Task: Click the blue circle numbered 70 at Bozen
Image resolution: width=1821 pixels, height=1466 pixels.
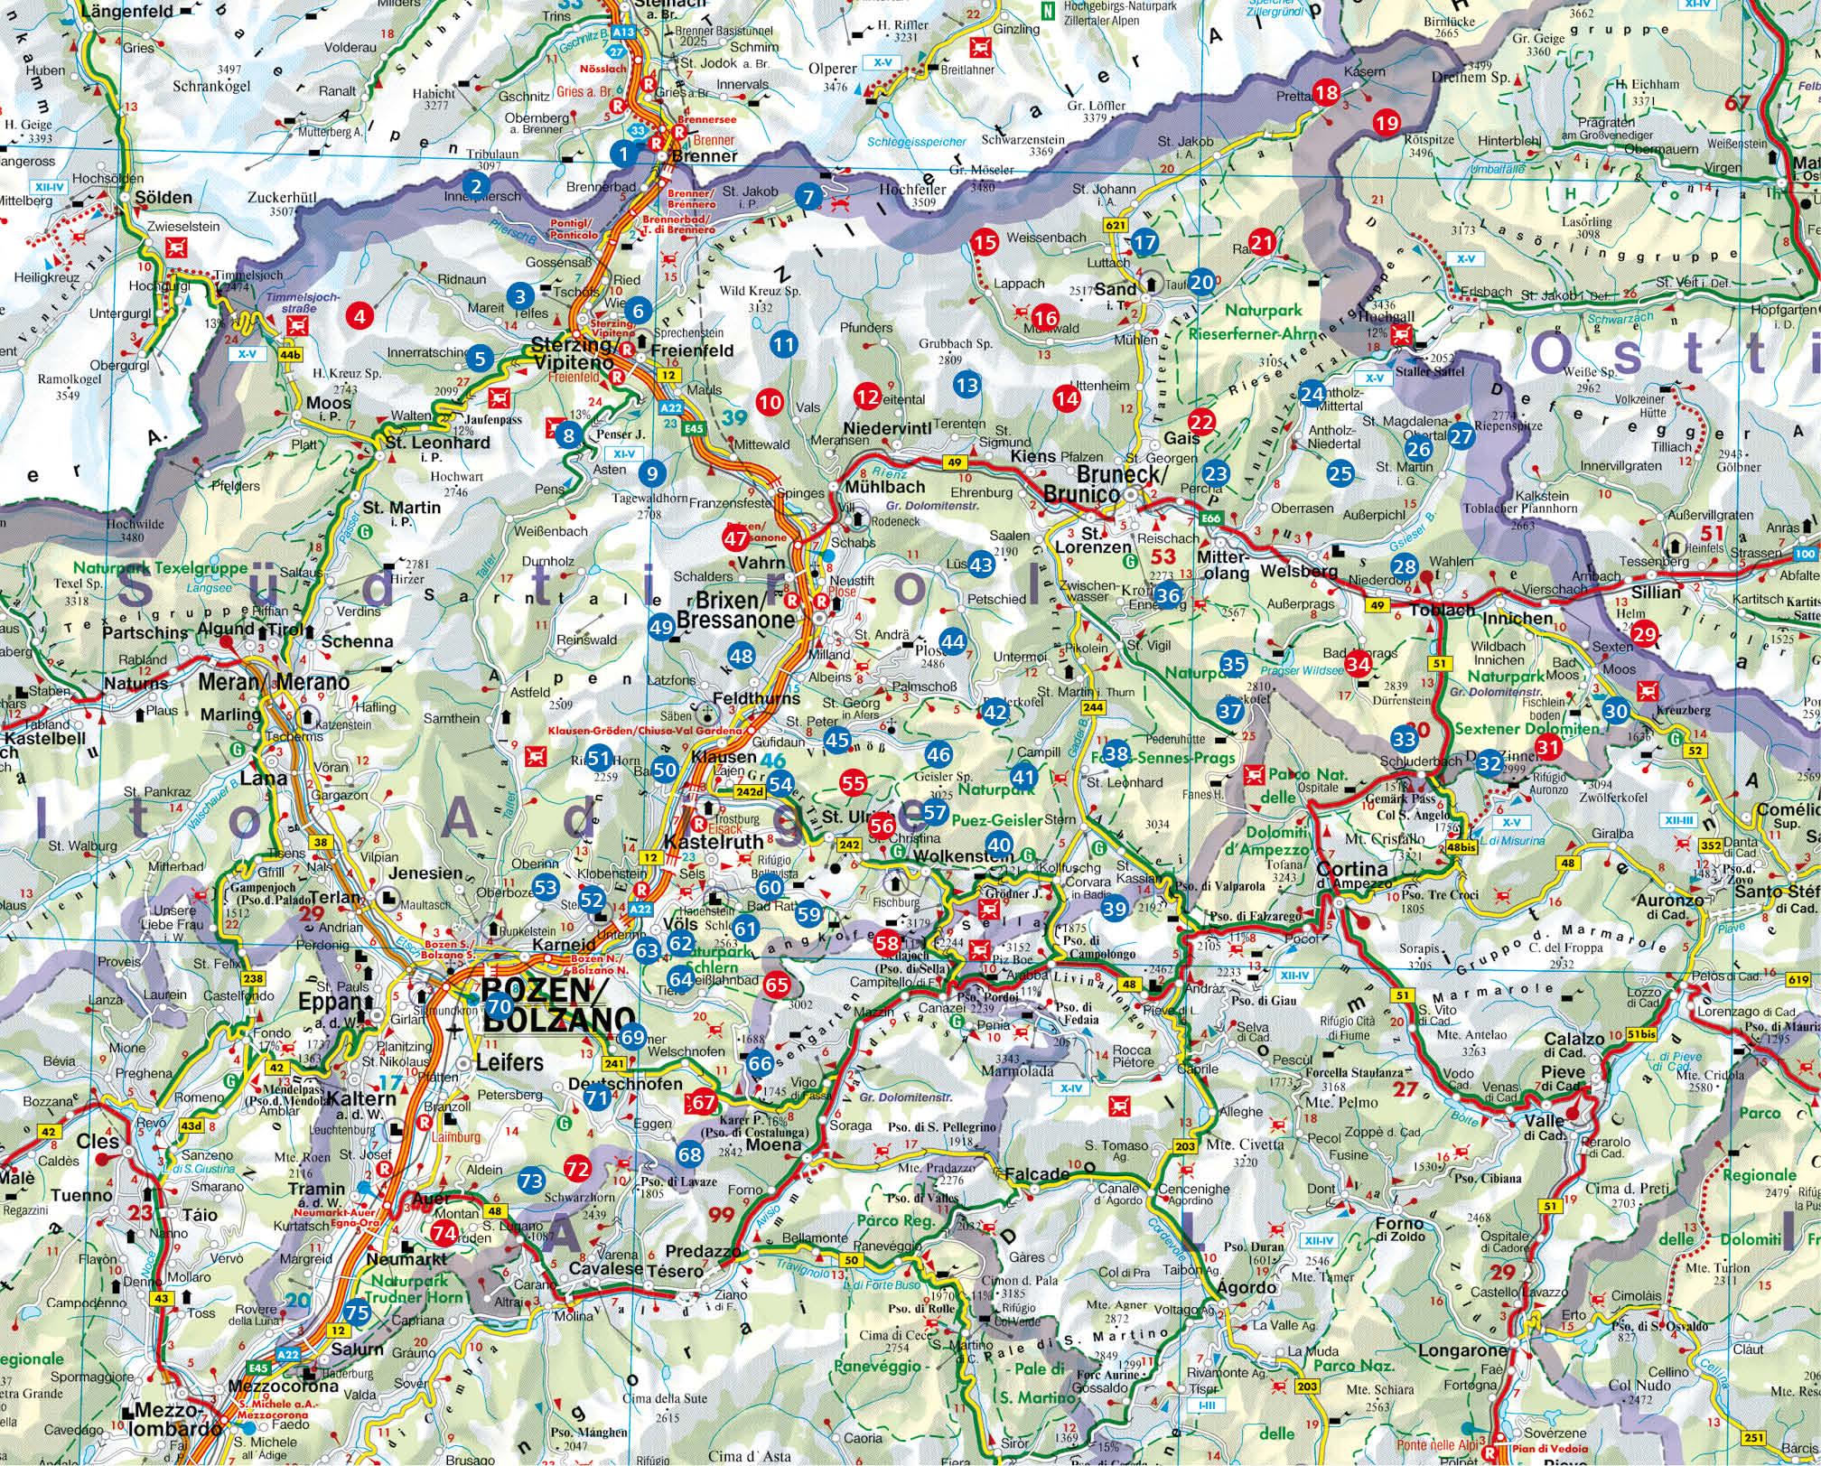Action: (x=500, y=1005)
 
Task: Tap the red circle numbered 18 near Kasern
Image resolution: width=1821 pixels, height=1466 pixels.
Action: (x=1326, y=92)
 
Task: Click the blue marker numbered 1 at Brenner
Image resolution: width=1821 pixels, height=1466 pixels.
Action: (x=623, y=154)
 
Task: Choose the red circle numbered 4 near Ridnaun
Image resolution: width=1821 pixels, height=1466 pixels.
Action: (x=360, y=316)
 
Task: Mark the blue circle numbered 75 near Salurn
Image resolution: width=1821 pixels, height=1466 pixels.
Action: (x=357, y=1312)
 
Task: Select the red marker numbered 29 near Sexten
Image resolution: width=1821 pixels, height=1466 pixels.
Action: (x=1644, y=634)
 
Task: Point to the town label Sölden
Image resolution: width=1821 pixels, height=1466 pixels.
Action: (x=163, y=198)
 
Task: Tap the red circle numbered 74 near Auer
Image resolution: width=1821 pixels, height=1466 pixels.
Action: (x=444, y=1232)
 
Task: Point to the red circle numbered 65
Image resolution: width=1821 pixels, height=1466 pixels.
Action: (x=777, y=985)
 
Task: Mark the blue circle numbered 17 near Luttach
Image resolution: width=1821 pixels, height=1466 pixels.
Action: (x=1144, y=241)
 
